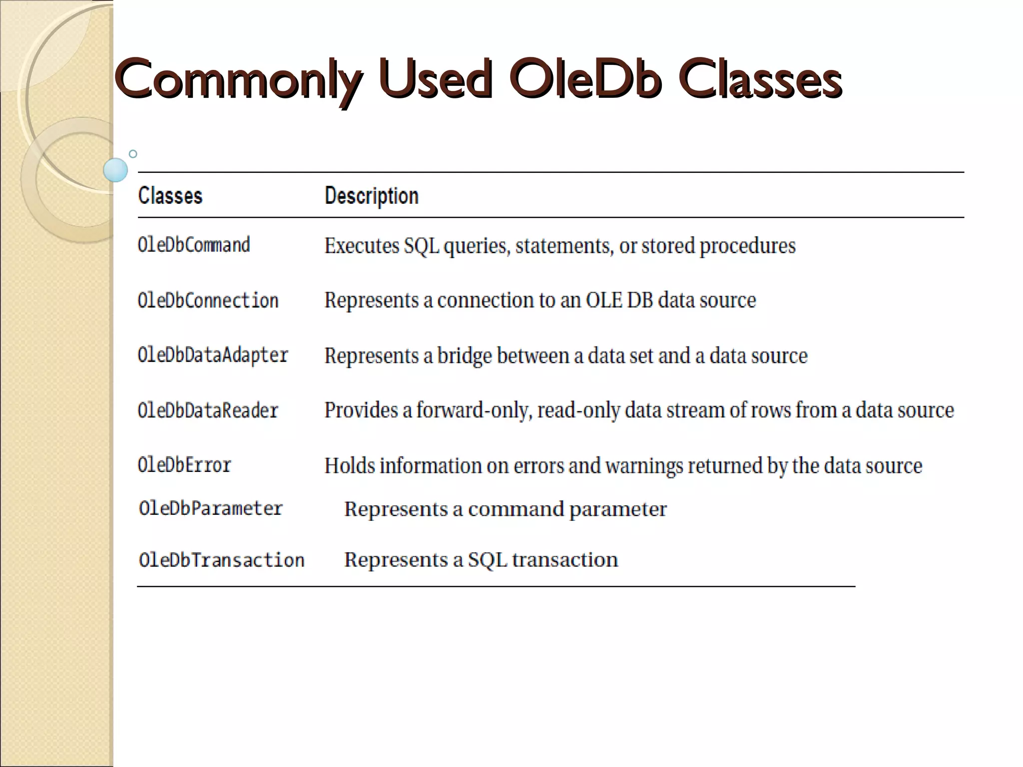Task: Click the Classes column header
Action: [170, 196]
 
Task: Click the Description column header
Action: [372, 196]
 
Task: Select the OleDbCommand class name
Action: [194, 245]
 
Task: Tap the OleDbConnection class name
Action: [208, 301]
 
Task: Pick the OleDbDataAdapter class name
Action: [213, 356]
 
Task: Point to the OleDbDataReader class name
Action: [208, 410]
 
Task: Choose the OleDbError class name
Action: [184, 465]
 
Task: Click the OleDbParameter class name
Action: [211, 509]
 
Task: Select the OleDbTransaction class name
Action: [222, 560]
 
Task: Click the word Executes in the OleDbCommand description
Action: [362, 246]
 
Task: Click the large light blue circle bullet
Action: [115, 170]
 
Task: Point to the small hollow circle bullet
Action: [133, 154]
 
